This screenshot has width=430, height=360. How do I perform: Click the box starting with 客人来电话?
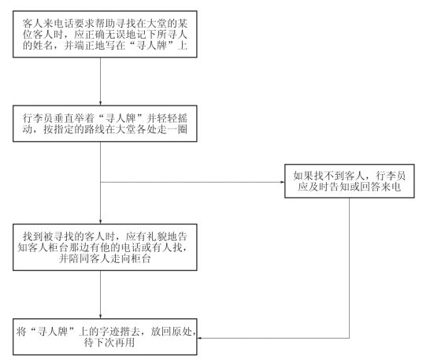[x=105, y=34]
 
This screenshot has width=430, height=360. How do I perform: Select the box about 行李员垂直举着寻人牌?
[x=105, y=124]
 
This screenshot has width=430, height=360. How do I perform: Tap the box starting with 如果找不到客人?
[x=350, y=181]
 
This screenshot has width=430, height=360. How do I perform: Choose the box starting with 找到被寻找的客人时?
[x=105, y=247]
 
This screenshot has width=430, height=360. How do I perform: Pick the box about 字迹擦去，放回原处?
[x=105, y=337]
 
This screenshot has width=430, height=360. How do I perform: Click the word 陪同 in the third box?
[x=79, y=258]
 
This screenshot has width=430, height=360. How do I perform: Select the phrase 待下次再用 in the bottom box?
[x=109, y=343]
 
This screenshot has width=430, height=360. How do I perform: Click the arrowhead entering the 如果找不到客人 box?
[x=283, y=182]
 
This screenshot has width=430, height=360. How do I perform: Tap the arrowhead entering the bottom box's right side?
[x=200, y=338]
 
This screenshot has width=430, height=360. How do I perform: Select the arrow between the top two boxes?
[x=100, y=81]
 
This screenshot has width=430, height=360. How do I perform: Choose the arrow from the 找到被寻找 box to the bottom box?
[x=100, y=295]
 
